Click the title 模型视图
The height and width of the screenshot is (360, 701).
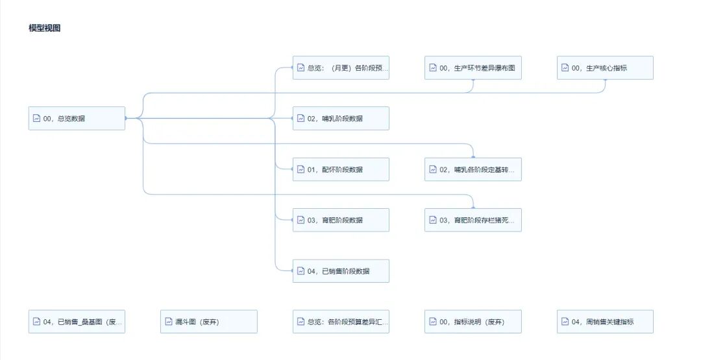pos(45,28)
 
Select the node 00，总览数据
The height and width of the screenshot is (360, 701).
pos(77,119)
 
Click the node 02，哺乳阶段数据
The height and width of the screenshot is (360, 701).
pos(341,119)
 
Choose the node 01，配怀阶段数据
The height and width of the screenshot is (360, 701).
pos(341,169)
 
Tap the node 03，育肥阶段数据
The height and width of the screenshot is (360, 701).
pos(341,220)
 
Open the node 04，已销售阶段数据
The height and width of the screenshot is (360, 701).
pos(341,271)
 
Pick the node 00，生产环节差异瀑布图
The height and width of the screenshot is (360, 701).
pos(473,68)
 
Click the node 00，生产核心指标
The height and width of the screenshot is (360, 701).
pos(605,68)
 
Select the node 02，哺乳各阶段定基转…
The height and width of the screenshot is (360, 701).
pos(473,169)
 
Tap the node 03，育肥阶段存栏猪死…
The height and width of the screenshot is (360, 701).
pos(473,220)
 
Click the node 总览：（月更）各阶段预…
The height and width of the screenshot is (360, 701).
pos(341,68)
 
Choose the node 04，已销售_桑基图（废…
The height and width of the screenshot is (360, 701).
pos(77,322)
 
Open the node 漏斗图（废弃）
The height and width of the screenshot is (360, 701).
pos(208,322)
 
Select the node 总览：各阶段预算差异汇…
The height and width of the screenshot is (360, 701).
pos(341,322)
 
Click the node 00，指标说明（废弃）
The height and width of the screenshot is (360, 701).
pos(473,322)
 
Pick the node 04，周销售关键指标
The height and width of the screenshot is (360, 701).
pos(605,322)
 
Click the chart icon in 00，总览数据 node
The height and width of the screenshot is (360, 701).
pos(37,119)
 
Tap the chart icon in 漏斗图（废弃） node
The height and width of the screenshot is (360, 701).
pos(169,322)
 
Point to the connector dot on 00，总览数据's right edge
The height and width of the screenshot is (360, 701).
pos(125,119)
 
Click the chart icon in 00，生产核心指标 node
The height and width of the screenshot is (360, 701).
pos(565,68)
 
